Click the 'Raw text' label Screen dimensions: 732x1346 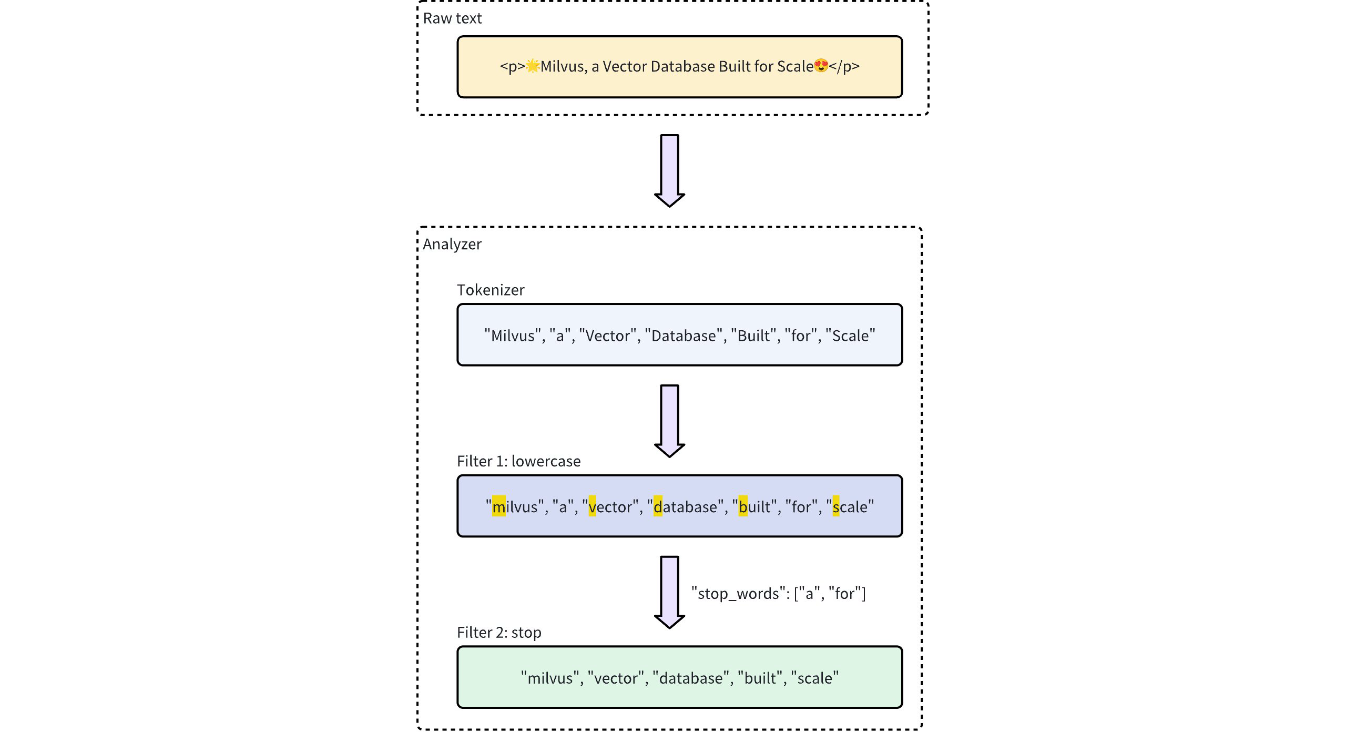452,18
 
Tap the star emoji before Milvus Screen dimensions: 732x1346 533,66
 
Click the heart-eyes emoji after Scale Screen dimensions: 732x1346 821,66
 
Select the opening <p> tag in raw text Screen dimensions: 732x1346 512,67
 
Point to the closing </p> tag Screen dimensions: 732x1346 844,67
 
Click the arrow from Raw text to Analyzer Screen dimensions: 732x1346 669,170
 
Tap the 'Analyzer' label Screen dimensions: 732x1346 452,245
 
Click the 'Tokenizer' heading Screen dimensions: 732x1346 491,290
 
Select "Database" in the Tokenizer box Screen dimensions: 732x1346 684,335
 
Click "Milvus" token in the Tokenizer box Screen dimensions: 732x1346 512,335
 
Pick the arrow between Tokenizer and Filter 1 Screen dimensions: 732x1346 669,420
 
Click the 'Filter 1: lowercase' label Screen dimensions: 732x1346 518,461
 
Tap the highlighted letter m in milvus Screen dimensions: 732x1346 498,507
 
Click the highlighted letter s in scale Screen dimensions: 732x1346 836,507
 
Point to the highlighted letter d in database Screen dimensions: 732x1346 658,507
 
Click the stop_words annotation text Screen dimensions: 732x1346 778,594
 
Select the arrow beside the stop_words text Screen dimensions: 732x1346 669,592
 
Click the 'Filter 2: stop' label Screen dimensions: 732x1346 499,633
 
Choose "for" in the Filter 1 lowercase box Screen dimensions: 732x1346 801,507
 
